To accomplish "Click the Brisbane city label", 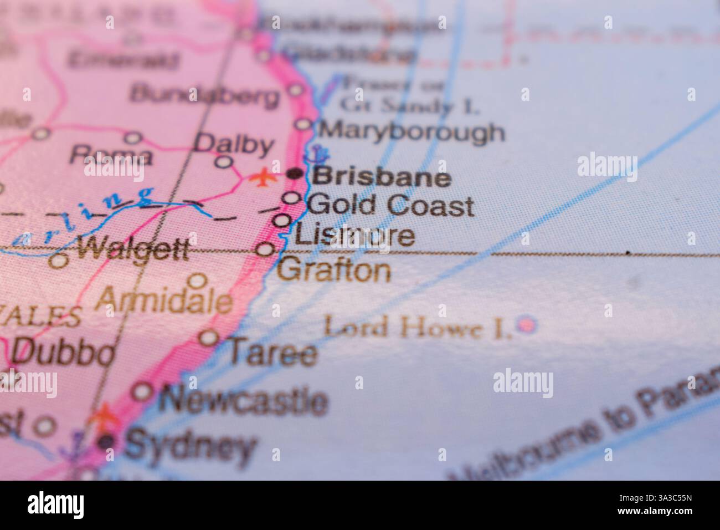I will click(382, 177).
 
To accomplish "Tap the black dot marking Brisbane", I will click(296, 174).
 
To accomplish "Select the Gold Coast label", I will click(390, 206).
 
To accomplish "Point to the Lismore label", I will click(354, 235).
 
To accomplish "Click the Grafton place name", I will click(334, 271).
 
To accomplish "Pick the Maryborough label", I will click(413, 132).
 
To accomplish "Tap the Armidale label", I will click(163, 301).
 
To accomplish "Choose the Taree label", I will click(274, 353).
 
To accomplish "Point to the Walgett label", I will click(133, 250).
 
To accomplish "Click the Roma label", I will click(111, 155).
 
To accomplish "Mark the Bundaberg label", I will click(204, 95).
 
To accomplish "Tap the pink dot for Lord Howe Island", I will click(526, 323).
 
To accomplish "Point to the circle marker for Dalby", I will click(223, 162).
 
